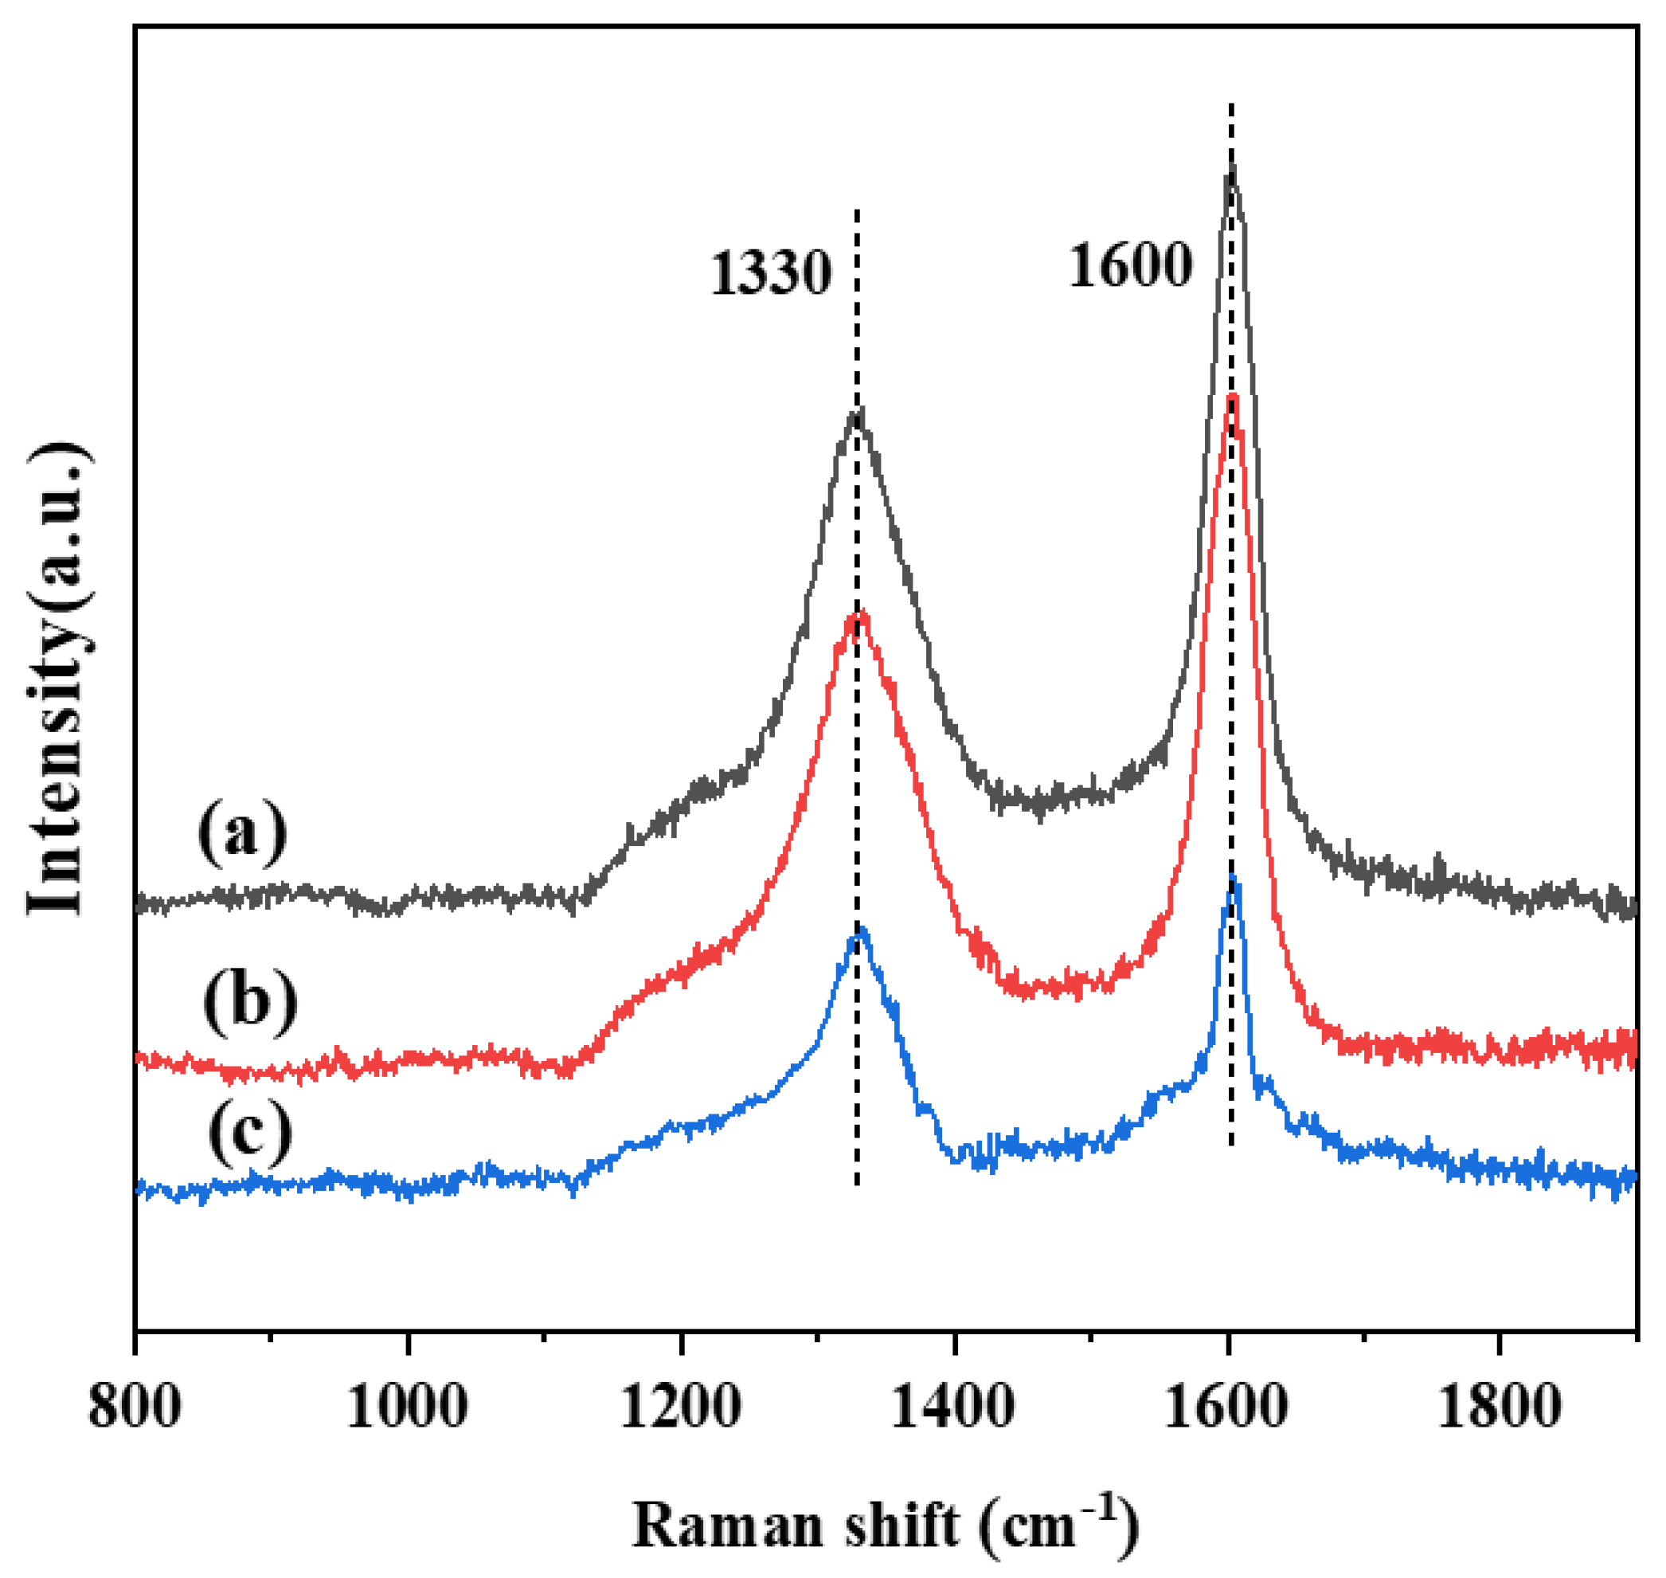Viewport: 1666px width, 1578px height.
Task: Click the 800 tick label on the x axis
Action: [135, 1407]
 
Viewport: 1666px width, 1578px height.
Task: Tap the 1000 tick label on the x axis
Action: [407, 1407]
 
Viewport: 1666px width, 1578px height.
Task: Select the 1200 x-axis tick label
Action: [680, 1407]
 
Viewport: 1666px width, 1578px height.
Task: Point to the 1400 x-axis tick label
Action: [952, 1407]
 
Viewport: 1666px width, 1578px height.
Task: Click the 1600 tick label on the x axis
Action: [1226, 1407]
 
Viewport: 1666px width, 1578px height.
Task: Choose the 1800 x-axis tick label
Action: [1500, 1407]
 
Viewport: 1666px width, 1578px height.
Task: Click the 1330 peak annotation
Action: [771, 274]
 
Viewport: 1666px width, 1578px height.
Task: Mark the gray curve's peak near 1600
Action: [1233, 166]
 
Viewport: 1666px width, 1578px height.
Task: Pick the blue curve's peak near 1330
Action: [860, 929]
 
